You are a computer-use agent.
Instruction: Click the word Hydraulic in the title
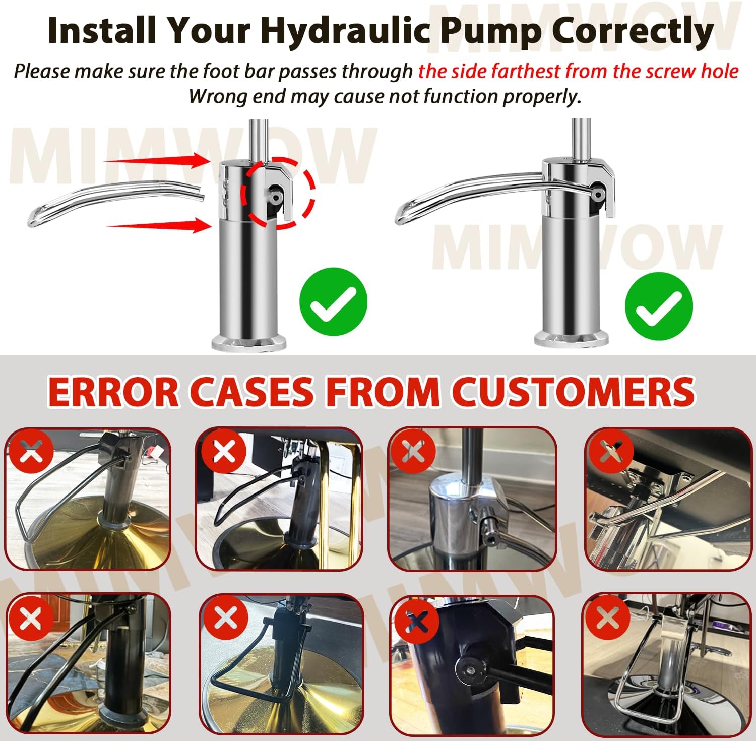point(345,31)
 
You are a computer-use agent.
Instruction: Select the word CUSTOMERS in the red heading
point(573,392)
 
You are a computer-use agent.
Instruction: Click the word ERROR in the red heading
point(113,392)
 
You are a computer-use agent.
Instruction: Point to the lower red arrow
point(159,225)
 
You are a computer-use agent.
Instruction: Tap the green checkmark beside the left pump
point(333,301)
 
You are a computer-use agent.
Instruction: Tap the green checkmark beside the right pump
point(659,305)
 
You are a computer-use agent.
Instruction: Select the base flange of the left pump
point(249,343)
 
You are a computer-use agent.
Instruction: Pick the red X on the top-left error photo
point(31,450)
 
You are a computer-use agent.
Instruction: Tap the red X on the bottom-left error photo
point(31,618)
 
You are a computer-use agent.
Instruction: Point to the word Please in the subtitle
point(43,71)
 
